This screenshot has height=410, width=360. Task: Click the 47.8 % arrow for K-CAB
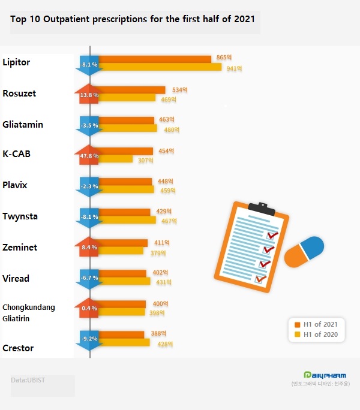[89, 155]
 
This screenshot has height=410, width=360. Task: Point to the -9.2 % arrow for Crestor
[89, 339]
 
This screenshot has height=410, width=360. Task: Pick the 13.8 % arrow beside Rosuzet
[89, 94]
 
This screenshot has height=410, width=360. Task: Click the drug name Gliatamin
[23, 125]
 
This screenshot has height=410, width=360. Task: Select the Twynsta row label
[20, 216]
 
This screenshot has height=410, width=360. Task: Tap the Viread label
[16, 278]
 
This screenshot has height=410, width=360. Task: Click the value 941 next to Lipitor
[234, 68]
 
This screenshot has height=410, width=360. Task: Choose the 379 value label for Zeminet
[158, 253]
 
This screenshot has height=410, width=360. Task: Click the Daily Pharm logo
[325, 375]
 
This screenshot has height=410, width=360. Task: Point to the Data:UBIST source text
[28, 380]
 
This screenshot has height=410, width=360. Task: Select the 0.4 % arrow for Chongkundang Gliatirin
[89, 309]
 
